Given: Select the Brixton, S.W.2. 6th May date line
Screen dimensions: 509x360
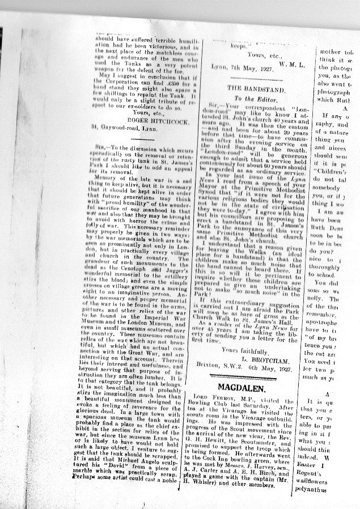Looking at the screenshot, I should [245, 369].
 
